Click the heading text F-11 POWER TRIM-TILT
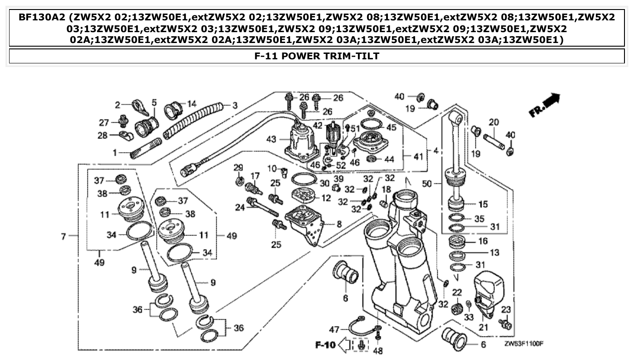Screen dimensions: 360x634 pos(317,56)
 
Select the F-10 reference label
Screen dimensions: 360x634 pos(325,346)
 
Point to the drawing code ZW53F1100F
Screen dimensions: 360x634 pos(524,344)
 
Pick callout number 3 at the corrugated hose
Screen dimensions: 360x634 pos(234,106)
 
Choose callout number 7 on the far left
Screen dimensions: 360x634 pos(64,236)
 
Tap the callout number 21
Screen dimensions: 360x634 pos(484,327)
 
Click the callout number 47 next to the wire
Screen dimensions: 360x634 pos(334,329)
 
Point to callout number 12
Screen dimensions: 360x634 pos(326,198)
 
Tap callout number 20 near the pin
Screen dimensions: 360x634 pos(494,122)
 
